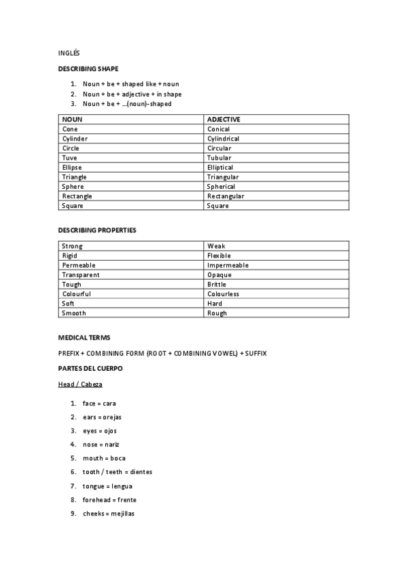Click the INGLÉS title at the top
click(x=69, y=52)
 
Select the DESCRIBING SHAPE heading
click(x=88, y=69)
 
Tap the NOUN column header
click(x=72, y=120)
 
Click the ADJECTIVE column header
click(x=224, y=120)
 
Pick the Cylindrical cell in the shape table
click(x=223, y=139)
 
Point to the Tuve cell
click(x=69, y=158)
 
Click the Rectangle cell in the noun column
click(x=77, y=196)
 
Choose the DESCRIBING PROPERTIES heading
click(x=97, y=230)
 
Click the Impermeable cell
click(x=228, y=265)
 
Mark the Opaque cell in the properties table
click(x=219, y=275)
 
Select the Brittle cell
click(x=217, y=285)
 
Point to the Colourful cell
click(x=76, y=294)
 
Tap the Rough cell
click(x=217, y=313)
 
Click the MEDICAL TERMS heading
click(x=84, y=338)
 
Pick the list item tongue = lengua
click(x=107, y=486)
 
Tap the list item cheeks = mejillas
click(x=109, y=514)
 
